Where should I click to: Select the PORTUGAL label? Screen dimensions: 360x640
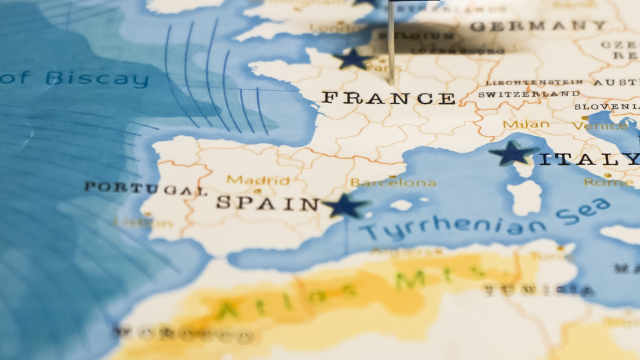(x=145, y=188)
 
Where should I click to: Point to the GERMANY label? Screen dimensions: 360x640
(x=539, y=26)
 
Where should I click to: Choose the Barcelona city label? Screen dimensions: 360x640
(x=394, y=183)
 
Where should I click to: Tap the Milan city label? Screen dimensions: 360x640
(x=526, y=124)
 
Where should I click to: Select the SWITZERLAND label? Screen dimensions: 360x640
(x=529, y=94)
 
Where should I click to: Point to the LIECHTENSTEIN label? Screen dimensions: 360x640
(x=534, y=83)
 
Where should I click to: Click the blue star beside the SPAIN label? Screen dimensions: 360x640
(x=346, y=206)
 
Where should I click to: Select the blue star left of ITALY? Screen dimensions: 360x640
(x=513, y=153)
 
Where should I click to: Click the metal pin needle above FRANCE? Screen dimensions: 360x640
(x=391, y=41)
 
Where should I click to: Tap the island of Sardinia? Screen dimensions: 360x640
(x=525, y=198)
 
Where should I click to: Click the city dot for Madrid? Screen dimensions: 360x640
(x=257, y=191)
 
